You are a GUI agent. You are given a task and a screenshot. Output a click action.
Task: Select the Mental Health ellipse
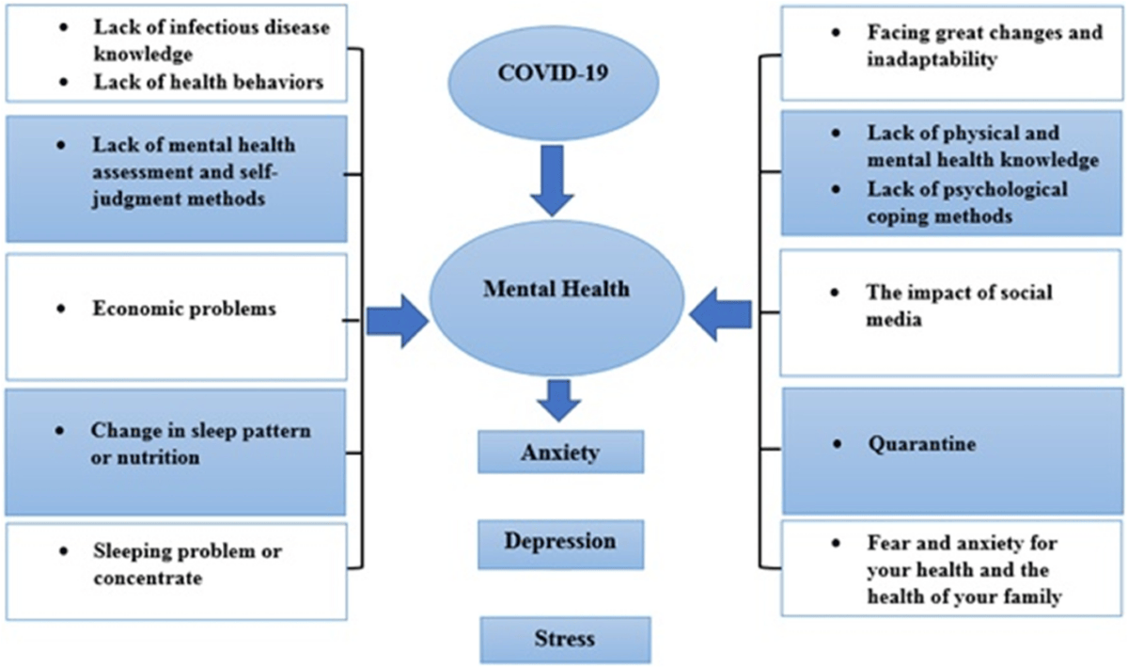557,290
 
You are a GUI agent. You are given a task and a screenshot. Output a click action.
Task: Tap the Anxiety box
560,452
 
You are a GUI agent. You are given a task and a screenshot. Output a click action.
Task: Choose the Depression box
560,543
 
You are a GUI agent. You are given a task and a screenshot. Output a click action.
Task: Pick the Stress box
564,639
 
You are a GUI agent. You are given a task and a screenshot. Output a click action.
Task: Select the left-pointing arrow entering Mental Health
721,315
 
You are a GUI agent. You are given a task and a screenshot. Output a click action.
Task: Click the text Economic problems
183,309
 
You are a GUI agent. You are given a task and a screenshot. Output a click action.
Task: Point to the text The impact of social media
959,305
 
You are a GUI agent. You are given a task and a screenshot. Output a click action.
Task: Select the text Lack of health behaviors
208,82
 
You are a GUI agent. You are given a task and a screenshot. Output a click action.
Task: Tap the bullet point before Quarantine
837,443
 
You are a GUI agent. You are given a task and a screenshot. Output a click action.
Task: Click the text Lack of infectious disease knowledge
211,40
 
